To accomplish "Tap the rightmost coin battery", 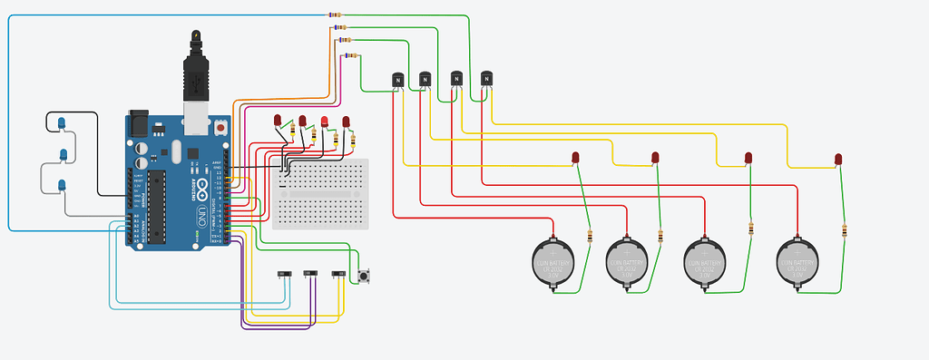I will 799,262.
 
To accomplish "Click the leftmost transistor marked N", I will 396,81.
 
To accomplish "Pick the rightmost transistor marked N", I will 486,79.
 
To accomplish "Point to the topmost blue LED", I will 61,122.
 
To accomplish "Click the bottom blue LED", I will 62,186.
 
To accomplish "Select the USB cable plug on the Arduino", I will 196,78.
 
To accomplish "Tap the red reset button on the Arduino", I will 221,129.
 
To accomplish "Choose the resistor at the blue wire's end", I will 335,15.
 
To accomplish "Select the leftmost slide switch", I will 284,274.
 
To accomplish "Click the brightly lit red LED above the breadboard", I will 325,122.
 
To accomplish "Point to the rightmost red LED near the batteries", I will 838,160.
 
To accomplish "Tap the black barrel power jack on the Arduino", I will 139,122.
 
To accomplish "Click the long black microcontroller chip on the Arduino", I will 159,206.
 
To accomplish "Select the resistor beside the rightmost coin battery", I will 845,230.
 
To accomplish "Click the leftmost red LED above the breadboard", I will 279,121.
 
